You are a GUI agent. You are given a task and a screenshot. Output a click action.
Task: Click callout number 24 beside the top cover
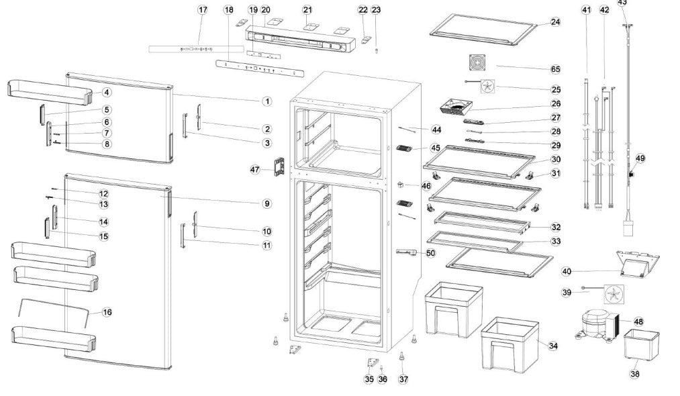(x=555, y=22)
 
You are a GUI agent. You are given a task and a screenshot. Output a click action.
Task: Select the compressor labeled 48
(x=592, y=326)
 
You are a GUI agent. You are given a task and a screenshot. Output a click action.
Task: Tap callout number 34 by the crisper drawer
(x=553, y=346)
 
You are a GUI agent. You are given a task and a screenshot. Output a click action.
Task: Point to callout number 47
(x=255, y=170)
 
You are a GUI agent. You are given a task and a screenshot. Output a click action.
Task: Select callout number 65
(x=555, y=69)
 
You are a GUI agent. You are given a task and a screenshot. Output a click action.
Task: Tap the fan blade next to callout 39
(x=612, y=294)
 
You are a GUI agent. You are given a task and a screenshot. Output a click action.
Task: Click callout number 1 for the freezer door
(x=266, y=101)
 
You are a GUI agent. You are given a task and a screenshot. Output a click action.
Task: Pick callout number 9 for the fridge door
(x=266, y=203)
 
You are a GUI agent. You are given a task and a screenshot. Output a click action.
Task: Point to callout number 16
(x=107, y=312)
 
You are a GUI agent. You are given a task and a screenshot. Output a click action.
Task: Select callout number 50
(x=430, y=253)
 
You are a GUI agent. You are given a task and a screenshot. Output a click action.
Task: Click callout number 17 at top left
(x=202, y=10)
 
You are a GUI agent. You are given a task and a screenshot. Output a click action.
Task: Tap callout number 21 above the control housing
(x=307, y=10)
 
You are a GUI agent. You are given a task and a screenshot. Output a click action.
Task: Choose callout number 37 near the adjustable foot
(x=403, y=379)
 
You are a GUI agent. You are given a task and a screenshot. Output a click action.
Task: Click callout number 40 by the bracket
(x=567, y=271)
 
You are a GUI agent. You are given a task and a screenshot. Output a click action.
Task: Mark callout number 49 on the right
(x=640, y=158)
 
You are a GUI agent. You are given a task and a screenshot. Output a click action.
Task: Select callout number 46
(x=426, y=185)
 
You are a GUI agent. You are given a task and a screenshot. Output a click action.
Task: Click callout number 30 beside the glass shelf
(x=555, y=160)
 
